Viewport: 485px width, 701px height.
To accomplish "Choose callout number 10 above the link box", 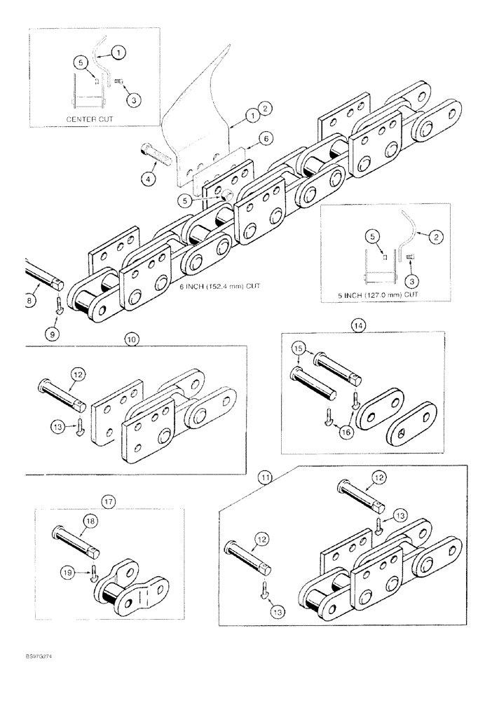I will tap(131, 339).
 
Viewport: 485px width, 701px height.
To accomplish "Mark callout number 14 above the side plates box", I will tap(358, 325).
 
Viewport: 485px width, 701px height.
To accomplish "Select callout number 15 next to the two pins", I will tap(299, 349).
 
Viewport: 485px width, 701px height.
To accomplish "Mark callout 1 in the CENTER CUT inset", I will tap(118, 51).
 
